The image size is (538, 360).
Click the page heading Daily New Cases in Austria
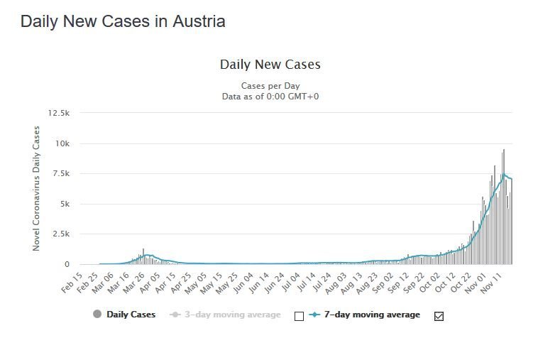coord(123,21)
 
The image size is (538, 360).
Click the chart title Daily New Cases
coord(270,65)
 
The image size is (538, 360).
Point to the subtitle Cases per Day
coord(270,86)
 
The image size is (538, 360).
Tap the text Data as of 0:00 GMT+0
coord(270,96)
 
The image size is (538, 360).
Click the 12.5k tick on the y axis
coord(58,113)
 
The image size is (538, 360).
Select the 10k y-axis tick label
coord(62,143)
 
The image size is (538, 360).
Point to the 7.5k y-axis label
coord(60,174)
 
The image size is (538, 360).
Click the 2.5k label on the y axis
coord(60,234)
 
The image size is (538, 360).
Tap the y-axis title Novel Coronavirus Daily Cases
coord(36,188)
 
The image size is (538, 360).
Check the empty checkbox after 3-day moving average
coord(299,316)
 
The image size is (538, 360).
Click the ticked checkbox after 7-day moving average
coord(439,316)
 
